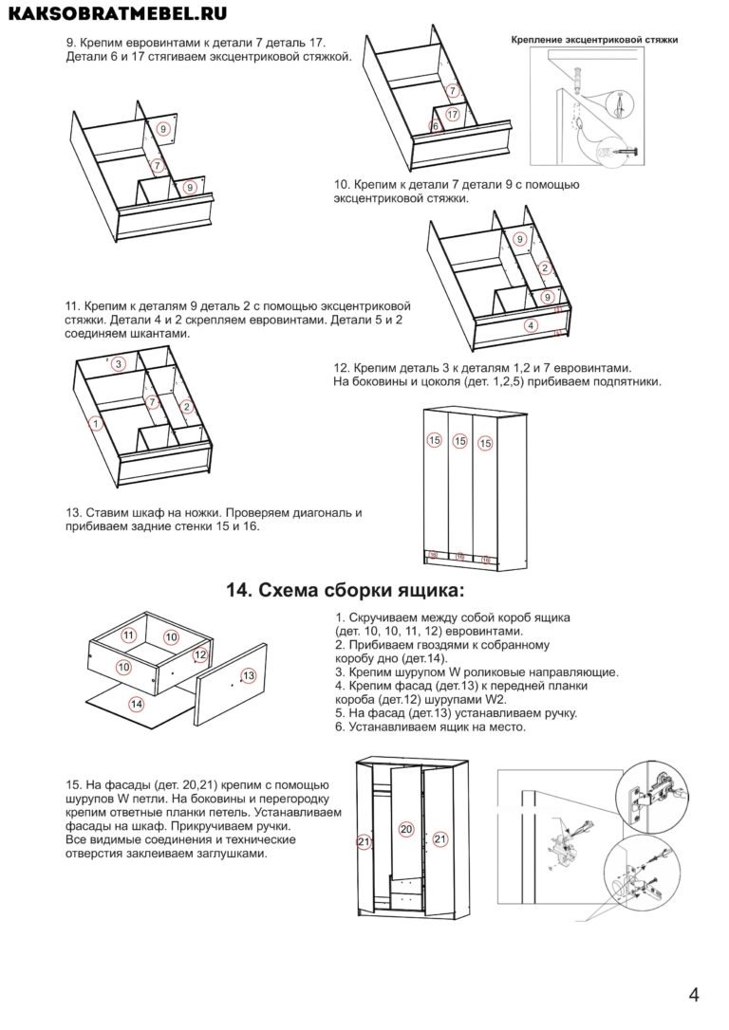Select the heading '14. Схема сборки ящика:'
[346, 590]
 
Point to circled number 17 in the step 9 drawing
[453, 114]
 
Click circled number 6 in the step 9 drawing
[436, 126]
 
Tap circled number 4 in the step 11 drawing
[531, 325]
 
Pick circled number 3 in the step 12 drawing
[118, 364]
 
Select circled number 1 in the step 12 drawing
[94, 422]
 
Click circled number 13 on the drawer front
[249, 675]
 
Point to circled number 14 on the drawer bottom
[137, 704]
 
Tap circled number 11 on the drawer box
[130, 635]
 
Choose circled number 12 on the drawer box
[200, 654]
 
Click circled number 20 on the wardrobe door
[405, 829]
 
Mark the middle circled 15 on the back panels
[460, 441]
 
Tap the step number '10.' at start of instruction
[343, 184]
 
